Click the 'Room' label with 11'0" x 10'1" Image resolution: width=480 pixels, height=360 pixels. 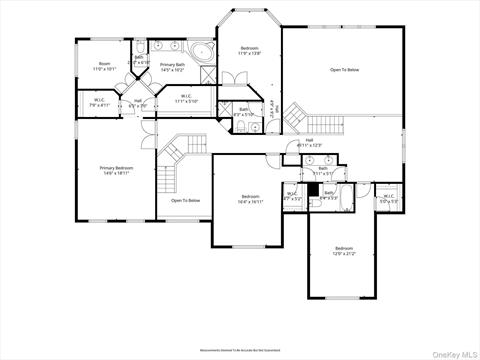coord(104,66)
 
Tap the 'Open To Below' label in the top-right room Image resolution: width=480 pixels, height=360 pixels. coord(345,71)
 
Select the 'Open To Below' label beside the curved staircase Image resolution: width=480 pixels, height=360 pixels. coord(185,201)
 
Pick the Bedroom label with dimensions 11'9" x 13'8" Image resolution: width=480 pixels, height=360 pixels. coord(248,51)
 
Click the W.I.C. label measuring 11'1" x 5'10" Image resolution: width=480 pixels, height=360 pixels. coord(187,99)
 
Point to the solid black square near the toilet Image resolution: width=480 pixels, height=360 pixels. coord(312,189)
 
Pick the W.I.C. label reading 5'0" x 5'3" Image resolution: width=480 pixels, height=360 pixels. coord(388,197)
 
